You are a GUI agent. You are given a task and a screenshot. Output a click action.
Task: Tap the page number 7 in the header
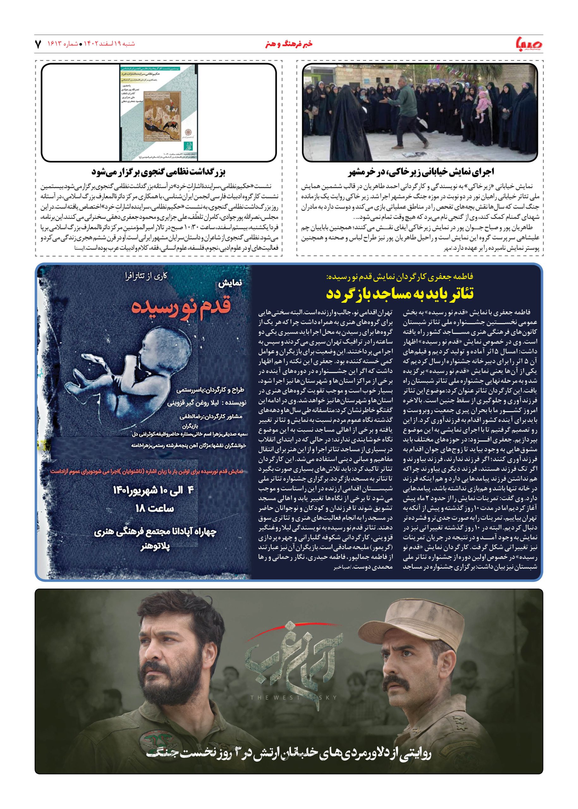tap(38, 44)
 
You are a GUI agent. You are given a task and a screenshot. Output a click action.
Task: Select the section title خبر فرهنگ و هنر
tap(289, 44)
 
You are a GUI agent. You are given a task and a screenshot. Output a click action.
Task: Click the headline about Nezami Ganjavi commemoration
tap(158, 172)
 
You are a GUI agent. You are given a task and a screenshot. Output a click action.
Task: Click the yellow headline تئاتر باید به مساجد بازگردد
tap(399, 294)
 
